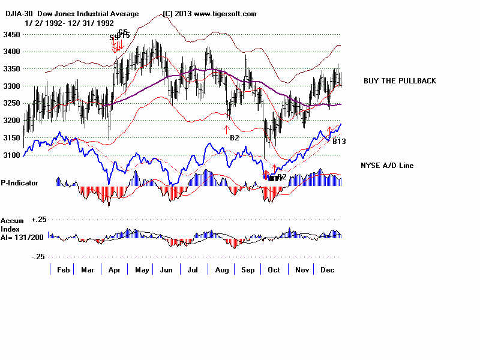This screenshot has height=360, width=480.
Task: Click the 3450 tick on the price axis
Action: click(11, 35)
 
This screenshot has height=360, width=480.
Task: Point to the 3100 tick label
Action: click(11, 155)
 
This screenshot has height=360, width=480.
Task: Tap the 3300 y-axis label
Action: click(11, 86)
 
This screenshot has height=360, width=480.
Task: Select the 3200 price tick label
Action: click(11, 121)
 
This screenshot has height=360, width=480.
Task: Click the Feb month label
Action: click(64, 271)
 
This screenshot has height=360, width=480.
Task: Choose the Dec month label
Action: click(326, 271)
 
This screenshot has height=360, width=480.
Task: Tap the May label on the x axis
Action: click(142, 271)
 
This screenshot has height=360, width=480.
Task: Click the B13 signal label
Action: click(340, 141)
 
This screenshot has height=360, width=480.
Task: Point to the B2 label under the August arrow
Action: click(235, 138)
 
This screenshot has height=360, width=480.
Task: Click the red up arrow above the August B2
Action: click(227, 128)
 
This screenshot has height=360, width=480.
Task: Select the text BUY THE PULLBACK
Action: click(400, 81)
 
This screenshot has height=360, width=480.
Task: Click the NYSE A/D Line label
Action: click(387, 166)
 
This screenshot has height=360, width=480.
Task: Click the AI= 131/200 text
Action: click(22, 236)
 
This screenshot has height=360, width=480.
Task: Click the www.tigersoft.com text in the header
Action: click(225, 14)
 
